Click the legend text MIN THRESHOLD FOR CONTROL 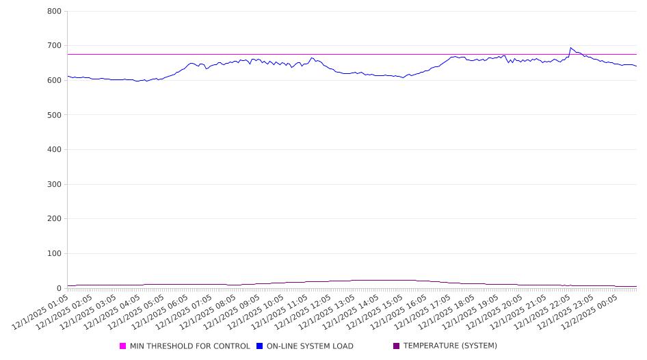(189, 346)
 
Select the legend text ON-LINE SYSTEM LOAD (310, 346)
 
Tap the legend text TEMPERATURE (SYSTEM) (450, 346)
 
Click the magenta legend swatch (123, 346)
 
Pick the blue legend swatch (260, 346)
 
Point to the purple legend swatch (397, 346)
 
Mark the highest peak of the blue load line (570, 48)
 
